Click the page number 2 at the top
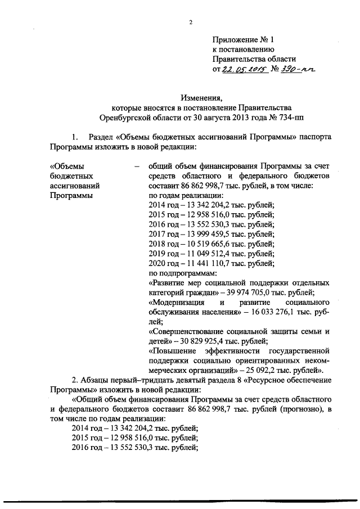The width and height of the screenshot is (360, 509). coord(191,22)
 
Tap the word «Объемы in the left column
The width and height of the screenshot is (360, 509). coord(67,166)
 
